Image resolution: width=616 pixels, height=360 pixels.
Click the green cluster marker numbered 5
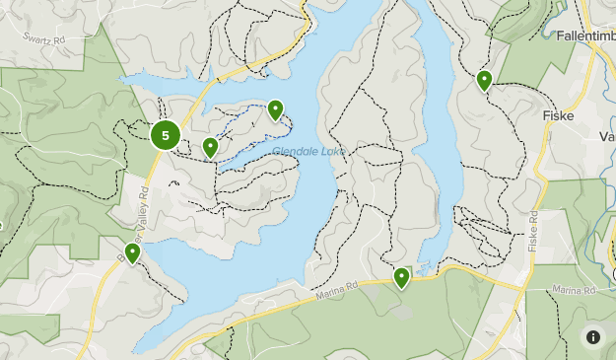click(x=166, y=136)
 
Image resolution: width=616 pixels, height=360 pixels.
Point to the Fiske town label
click(x=558, y=115)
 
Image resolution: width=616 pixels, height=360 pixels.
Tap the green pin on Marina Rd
click(x=401, y=278)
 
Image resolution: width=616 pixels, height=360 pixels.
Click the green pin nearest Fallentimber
click(x=484, y=80)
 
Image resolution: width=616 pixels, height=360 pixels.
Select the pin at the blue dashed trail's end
click(x=275, y=110)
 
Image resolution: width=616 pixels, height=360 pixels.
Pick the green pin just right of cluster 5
click(x=210, y=148)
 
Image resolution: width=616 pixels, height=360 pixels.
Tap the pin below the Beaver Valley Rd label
click(x=131, y=253)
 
